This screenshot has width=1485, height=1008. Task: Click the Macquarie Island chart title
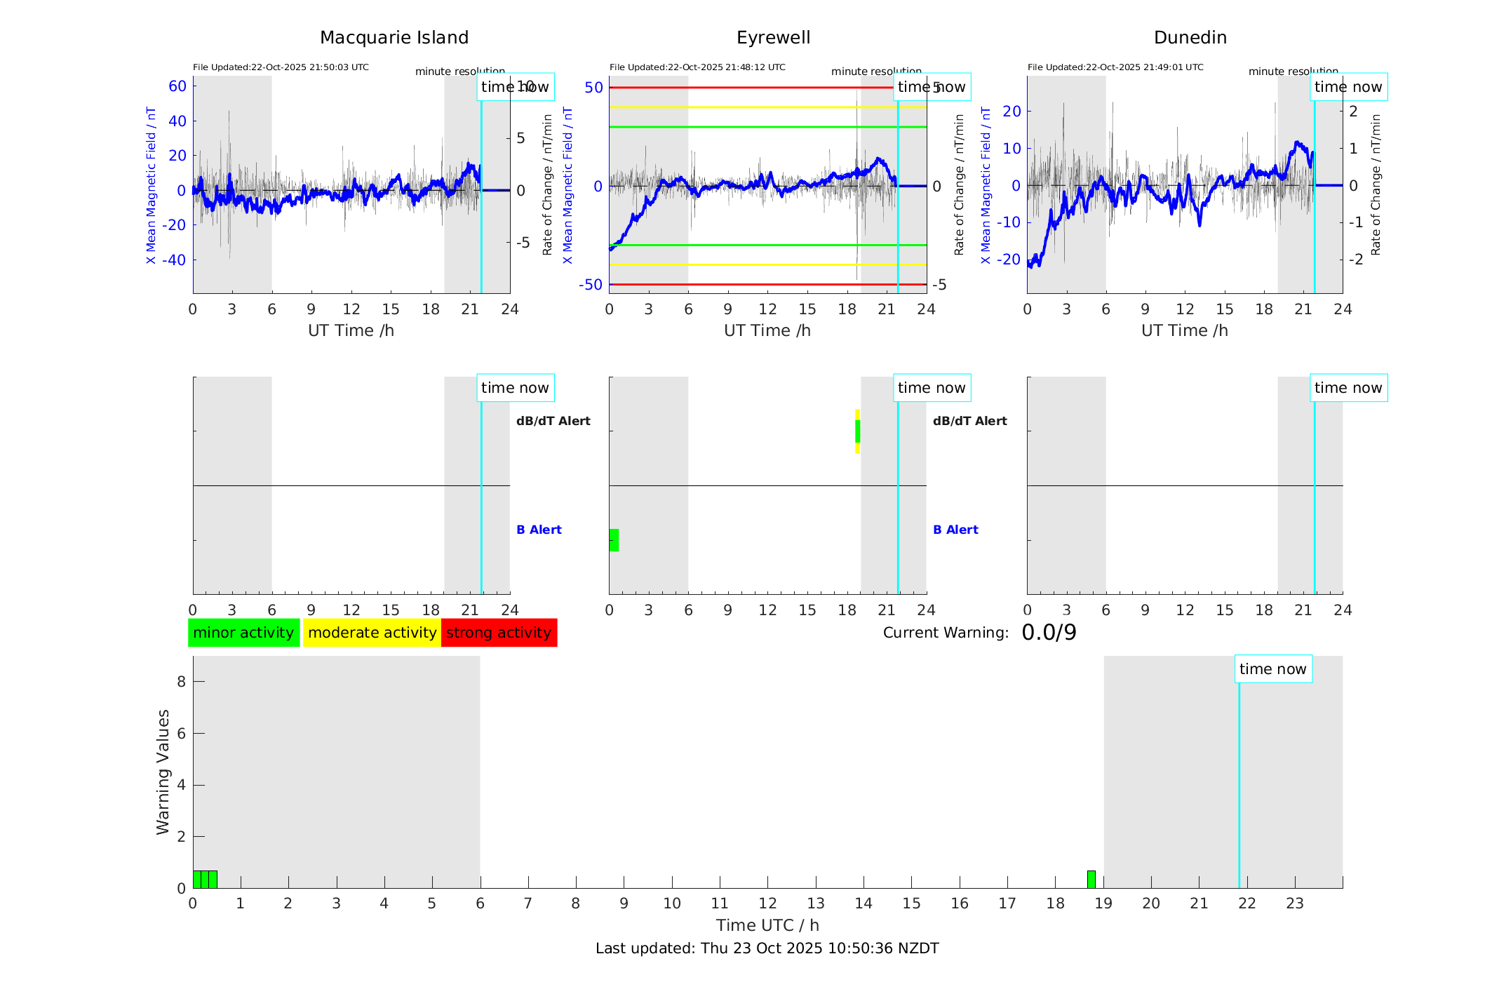pyautogui.click(x=394, y=38)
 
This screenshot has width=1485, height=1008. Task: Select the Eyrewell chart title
pyautogui.click(x=773, y=38)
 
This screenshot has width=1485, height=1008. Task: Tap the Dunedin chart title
pyautogui.click(x=1190, y=38)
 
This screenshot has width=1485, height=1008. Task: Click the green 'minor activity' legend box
pyautogui.click(x=243, y=633)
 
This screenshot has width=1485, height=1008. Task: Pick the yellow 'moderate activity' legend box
pyautogui.click(x=372, y=633)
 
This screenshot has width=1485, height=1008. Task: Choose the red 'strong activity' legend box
pyautogui.click(x=499, y=633)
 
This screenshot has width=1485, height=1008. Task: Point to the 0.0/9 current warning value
pyautogui.click(x=1049, y=633)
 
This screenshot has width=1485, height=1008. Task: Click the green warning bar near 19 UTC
pyautogui.click(x=1091, y=879)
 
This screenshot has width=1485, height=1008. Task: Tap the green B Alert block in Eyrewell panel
pyautogui.click(x=614, y=540)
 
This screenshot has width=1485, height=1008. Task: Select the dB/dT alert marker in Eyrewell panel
pyautogui.click(x=857, y=431)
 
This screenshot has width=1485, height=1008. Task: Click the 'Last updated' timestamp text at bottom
pyautogui.click(x=767, y=948)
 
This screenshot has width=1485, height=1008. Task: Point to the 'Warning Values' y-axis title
pyautogui.click(x=163, y=772)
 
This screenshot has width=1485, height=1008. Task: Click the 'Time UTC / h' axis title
pyautogui.click(x=767, y=925)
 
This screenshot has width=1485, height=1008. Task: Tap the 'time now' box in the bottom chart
pyautogui.click(x=1272, y=669)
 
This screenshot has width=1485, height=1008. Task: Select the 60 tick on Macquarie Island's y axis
pyautogui.click(x=177, y=86)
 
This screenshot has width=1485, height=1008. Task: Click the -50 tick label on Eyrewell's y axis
pyautogui.click(x=590, y=285)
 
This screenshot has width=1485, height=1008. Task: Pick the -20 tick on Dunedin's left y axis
pyautogui.click(x=1011, y=259)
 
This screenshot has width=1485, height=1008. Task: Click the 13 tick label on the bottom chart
pyautogui.click(x=815, y=903)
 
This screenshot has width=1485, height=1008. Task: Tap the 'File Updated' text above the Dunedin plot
pyautogui.click(x=1115, y=67)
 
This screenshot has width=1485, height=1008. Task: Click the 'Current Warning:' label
pyautogui.click(x=945, y=633)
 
